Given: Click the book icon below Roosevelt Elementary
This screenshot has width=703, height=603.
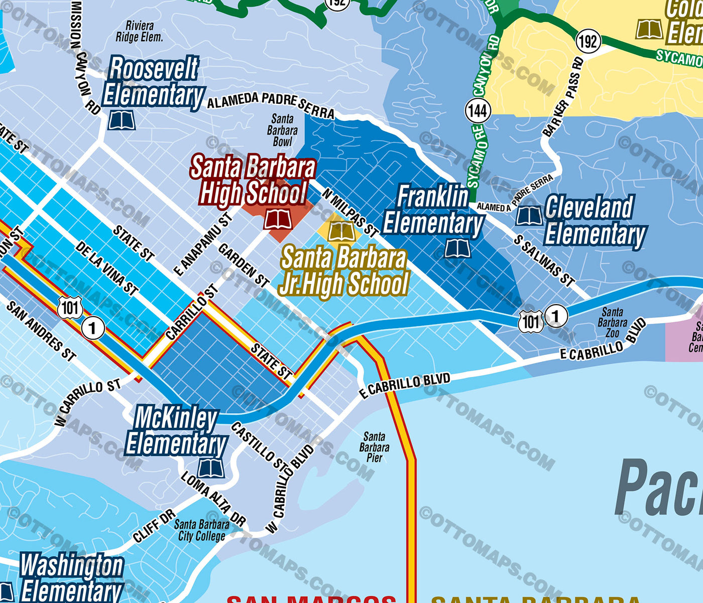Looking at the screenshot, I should click(122, 120).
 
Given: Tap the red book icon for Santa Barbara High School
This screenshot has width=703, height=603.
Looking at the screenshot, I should click(278, 219).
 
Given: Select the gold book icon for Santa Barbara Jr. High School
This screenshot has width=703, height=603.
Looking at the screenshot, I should click(341, 231).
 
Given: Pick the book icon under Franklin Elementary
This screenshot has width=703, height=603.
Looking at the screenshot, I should click(457, 249).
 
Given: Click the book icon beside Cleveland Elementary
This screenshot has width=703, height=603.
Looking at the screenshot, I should click(529, 216).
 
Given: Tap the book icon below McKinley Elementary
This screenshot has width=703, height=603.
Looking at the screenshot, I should click(211, 469).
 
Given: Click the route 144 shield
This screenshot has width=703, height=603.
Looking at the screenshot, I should click(478, 110).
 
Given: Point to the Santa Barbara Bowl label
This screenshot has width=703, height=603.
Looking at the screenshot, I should click(282, 130).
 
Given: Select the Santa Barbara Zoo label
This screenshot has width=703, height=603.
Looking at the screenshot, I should click(612, 323).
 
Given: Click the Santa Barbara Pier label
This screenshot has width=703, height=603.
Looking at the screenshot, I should click(374, 447).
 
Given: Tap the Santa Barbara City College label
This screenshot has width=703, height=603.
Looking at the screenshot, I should click(201, 530).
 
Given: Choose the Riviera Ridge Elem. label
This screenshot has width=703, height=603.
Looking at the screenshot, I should click(140, 31).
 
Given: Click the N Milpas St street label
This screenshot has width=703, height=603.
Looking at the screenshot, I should click(350, 213).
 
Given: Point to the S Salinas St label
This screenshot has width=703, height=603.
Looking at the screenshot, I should click(544, 260).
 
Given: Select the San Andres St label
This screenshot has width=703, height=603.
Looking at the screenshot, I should click(41, 331).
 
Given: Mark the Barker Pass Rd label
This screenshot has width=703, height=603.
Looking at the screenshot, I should click(563, 97).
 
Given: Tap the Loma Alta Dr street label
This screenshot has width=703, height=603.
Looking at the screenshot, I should click(213, 499).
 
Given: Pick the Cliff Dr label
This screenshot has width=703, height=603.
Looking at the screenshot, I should click(154, 526).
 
